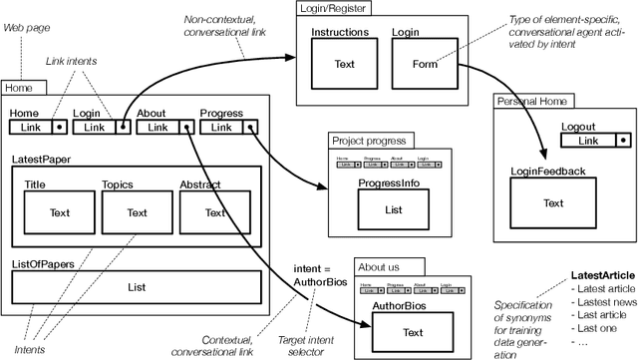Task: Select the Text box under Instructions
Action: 345,66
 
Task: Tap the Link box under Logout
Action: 590,141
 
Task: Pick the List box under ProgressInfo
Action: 393,209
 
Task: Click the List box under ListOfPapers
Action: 137,286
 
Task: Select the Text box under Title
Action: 60,211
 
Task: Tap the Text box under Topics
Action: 137,211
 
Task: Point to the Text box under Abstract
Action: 215,211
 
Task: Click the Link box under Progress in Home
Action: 221,127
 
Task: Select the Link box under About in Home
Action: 159,127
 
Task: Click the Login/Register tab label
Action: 336,8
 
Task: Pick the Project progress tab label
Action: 368,141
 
